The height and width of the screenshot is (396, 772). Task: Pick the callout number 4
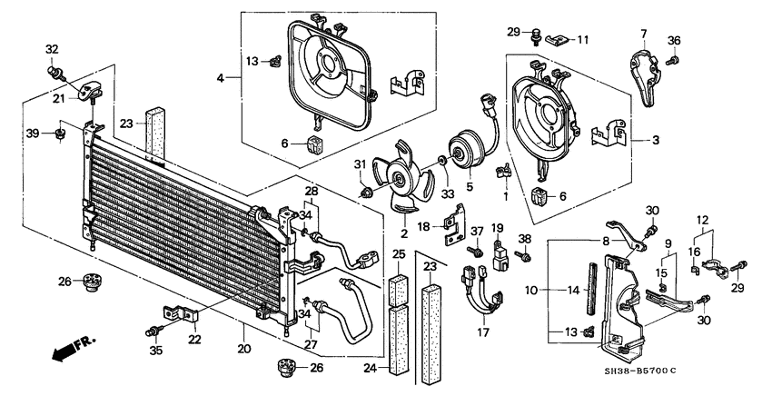221,79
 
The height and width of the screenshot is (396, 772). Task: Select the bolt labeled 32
54,68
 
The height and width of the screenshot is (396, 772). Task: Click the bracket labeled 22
183,314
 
